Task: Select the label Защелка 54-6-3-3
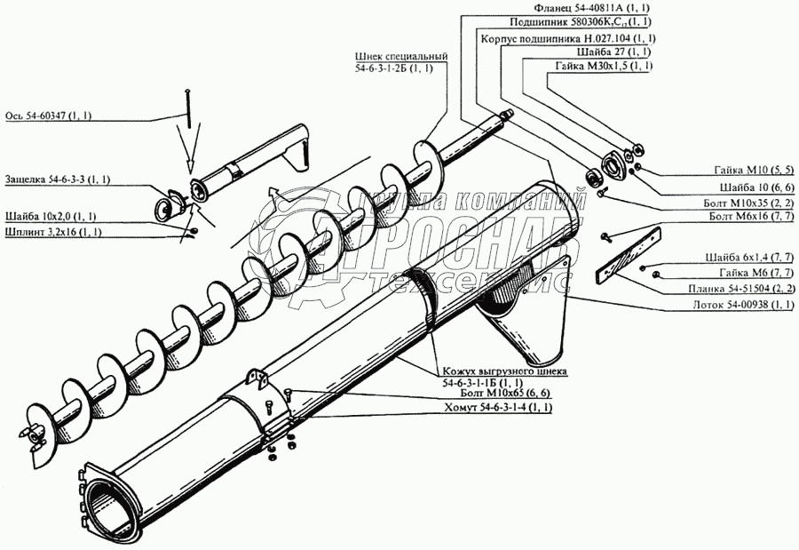click(57, 179)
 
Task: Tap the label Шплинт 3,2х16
click(53, 232)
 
